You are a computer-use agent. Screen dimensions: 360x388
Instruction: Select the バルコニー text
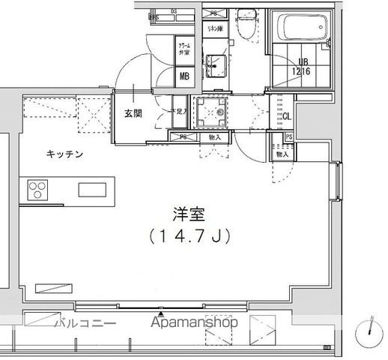86,324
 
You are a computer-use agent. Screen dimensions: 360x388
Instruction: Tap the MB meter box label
184,76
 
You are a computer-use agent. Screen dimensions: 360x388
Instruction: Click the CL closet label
286,115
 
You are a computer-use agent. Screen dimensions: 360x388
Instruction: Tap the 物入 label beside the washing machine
215,137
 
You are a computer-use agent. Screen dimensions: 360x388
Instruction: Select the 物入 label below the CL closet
282,154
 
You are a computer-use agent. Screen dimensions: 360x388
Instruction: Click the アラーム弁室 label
184,51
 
